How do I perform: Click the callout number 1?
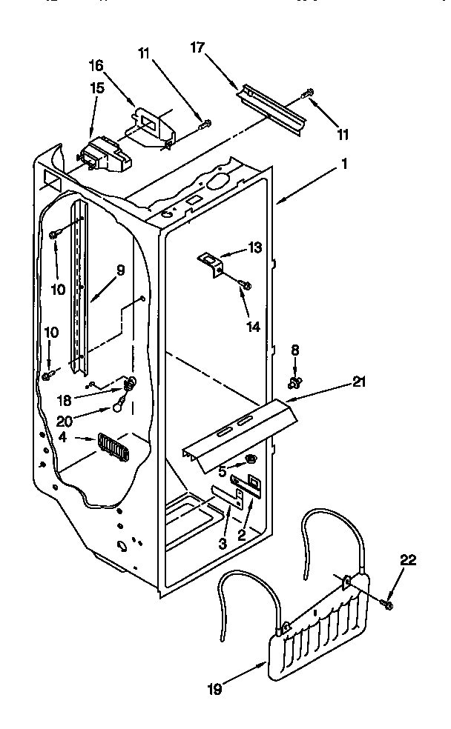(344, 167)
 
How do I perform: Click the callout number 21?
(359, 382)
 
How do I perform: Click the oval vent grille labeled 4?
(113, 447)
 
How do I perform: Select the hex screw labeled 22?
(388, 605)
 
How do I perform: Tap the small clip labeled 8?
(296, 382)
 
